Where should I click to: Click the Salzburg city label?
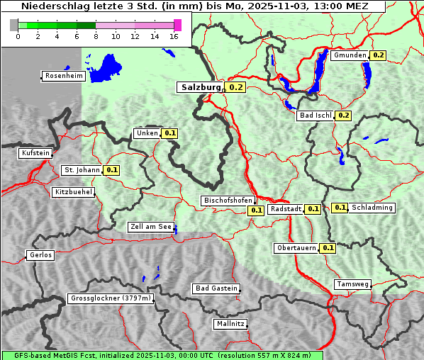coord(201,87)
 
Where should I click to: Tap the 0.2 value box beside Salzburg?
coord(236,88)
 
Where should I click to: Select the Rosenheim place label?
coord(63,76)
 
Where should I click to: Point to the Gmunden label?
coord(350,55)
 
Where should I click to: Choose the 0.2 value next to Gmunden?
coord(378,55)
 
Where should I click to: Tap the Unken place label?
coord(147,133)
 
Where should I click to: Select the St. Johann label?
coord(82,170)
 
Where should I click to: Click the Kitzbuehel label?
coord(73,192)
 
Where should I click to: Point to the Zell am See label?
coord(150,227)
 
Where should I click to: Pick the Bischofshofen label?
coord(228,201)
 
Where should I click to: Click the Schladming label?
coord(372,208)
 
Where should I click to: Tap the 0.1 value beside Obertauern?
coord(328,248)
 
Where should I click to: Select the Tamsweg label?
coord(352,284)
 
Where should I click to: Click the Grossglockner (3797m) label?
coord(111,299)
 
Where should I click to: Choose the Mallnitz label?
coord(230,324)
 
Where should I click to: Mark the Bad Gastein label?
coord(216,288)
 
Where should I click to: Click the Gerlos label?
coord(40,255)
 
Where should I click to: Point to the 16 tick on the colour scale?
coord(174,36)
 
